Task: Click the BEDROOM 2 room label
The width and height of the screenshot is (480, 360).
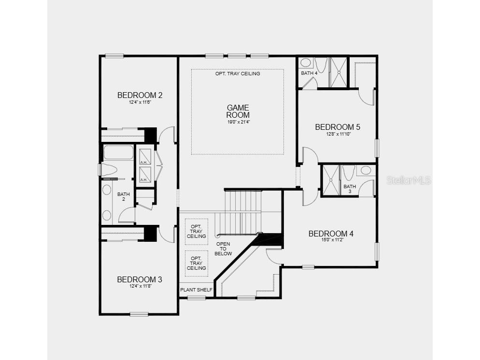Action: (140, 95)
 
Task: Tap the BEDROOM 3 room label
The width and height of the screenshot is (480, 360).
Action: (139, 279)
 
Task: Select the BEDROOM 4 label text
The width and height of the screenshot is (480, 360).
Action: (331, 234)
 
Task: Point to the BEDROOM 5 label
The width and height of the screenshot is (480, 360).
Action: (338, 127)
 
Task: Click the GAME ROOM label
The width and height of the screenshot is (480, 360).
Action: (238, 111)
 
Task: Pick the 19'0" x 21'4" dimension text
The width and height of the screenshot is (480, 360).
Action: (238, 122)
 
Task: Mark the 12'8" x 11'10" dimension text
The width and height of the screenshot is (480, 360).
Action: (338, 134)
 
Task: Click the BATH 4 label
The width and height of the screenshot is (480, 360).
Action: (309, 73)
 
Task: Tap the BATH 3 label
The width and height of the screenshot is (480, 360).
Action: (349, 189)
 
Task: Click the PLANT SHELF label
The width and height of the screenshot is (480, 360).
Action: (196, 290)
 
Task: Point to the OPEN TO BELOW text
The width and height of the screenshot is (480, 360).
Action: (224, 249)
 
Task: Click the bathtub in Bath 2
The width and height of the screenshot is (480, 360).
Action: (118, 152)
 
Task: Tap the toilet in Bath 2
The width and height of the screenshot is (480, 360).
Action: (109, 170)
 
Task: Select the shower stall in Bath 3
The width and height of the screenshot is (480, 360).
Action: (331, 180)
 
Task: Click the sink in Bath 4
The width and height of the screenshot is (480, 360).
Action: (305, 63)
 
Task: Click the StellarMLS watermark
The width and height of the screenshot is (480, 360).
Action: (409, 180)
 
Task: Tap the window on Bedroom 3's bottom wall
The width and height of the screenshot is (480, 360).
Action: (139, 314)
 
